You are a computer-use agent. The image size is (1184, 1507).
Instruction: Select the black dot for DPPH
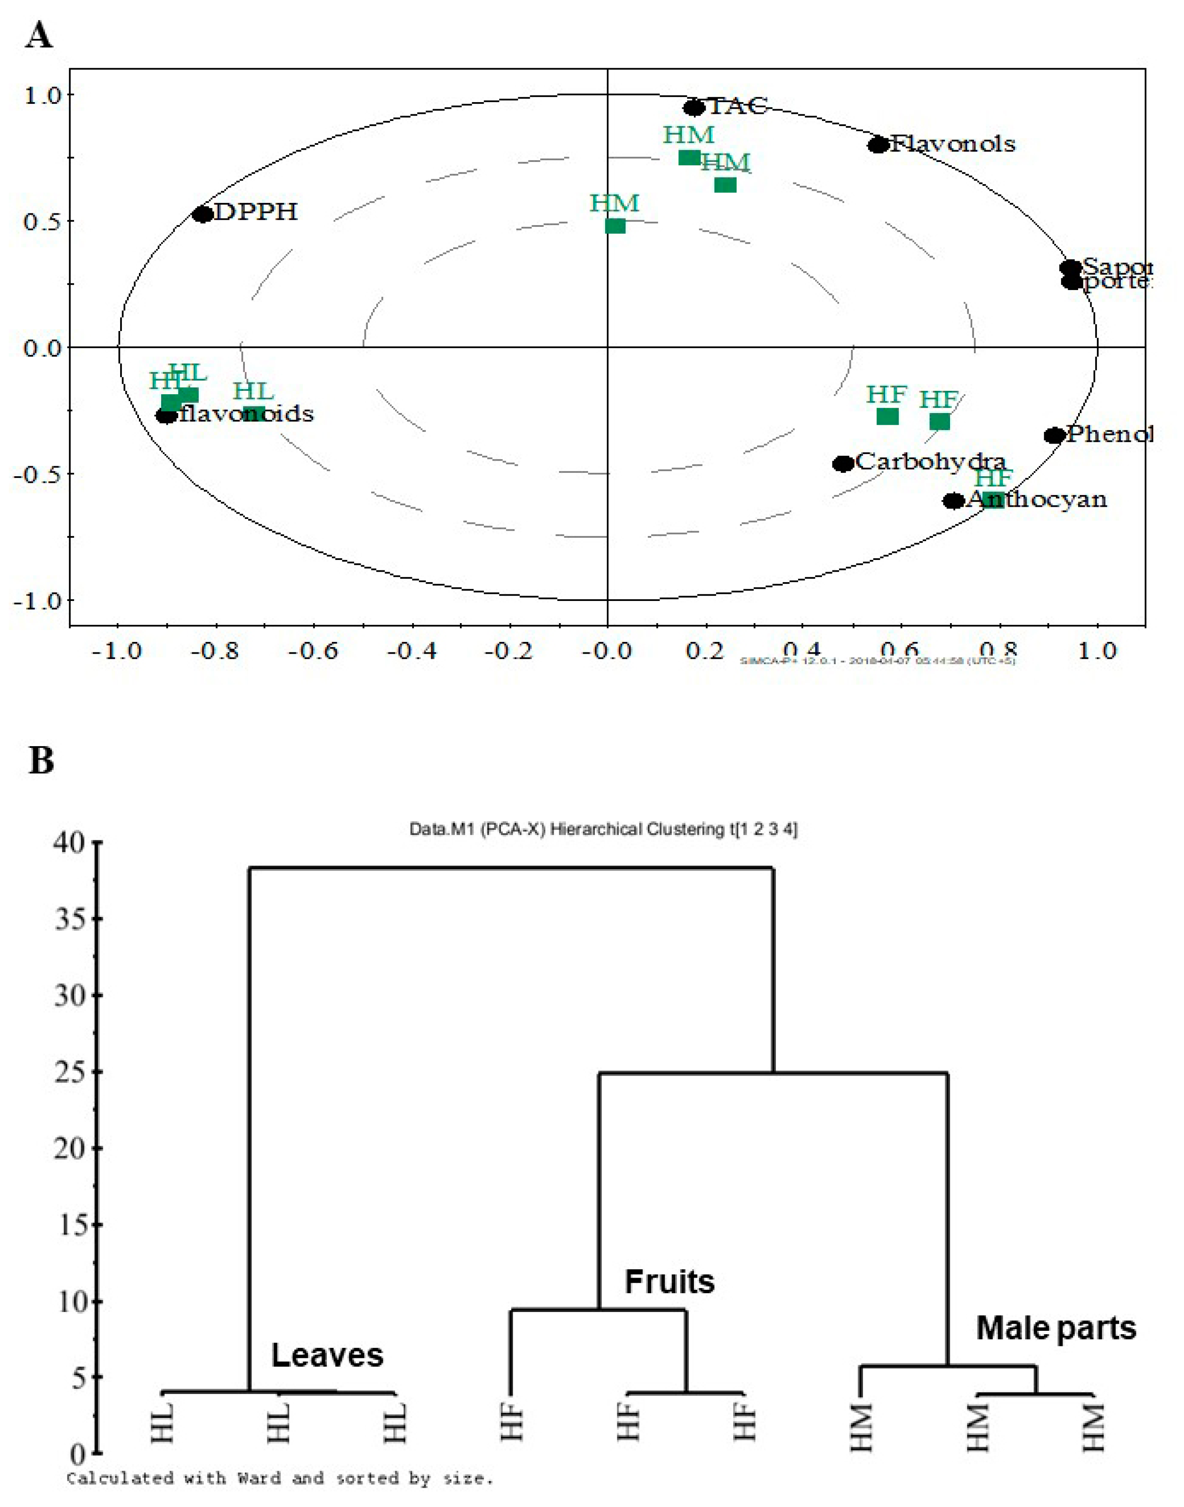(203, 214)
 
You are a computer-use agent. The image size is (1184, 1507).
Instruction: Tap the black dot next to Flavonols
(878, 145)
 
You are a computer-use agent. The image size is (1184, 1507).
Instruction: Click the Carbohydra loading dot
(843, 464)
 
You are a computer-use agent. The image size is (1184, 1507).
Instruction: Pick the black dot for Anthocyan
(954, 501)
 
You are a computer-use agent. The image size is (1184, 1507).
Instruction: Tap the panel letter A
(39, 35)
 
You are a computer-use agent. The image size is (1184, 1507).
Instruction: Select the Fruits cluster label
(669, 1282)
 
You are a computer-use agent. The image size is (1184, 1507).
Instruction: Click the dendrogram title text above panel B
(603, 829)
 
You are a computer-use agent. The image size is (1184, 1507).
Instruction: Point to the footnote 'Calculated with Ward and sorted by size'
(280, 1479)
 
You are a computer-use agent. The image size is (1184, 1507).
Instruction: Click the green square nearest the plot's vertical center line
(615, 226)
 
